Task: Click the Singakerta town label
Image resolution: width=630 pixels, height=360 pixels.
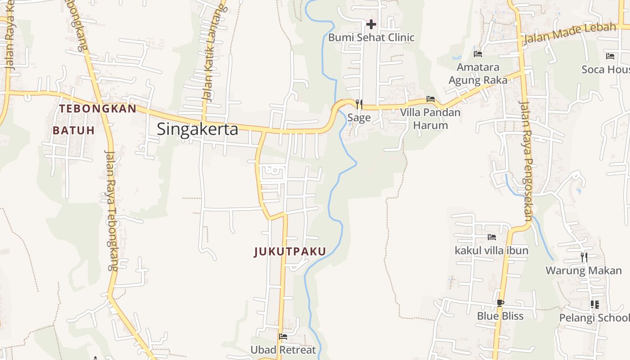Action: [197, 130]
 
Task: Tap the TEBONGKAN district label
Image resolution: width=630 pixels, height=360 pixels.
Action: [98, 108]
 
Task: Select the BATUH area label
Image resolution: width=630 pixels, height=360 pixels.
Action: [74, 130]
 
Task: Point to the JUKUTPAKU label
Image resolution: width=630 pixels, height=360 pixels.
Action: [290, 252]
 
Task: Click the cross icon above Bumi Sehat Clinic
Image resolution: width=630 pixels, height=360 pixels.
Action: [371, 24]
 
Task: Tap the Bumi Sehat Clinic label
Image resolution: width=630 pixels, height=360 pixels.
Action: [371, 37]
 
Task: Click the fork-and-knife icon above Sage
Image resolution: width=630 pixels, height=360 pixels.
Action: [359, 104]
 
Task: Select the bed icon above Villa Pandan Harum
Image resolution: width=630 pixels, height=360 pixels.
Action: [431, 99]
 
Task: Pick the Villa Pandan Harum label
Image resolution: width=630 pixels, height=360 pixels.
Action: [431, 118]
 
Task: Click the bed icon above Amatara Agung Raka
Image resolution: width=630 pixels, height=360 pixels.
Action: [478, 54]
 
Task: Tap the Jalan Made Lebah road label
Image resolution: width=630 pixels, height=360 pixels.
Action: [570, 33]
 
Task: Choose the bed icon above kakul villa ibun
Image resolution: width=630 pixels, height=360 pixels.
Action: [491, 237]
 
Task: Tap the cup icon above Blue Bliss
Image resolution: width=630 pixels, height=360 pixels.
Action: [500, 303]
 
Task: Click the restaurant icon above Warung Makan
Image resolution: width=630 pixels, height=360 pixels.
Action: [584, 257]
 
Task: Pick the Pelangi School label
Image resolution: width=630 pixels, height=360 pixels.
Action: [594, 318]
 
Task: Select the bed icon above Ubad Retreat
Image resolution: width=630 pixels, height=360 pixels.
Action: [283, 336]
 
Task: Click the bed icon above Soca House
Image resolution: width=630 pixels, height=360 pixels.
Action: [610, 56]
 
